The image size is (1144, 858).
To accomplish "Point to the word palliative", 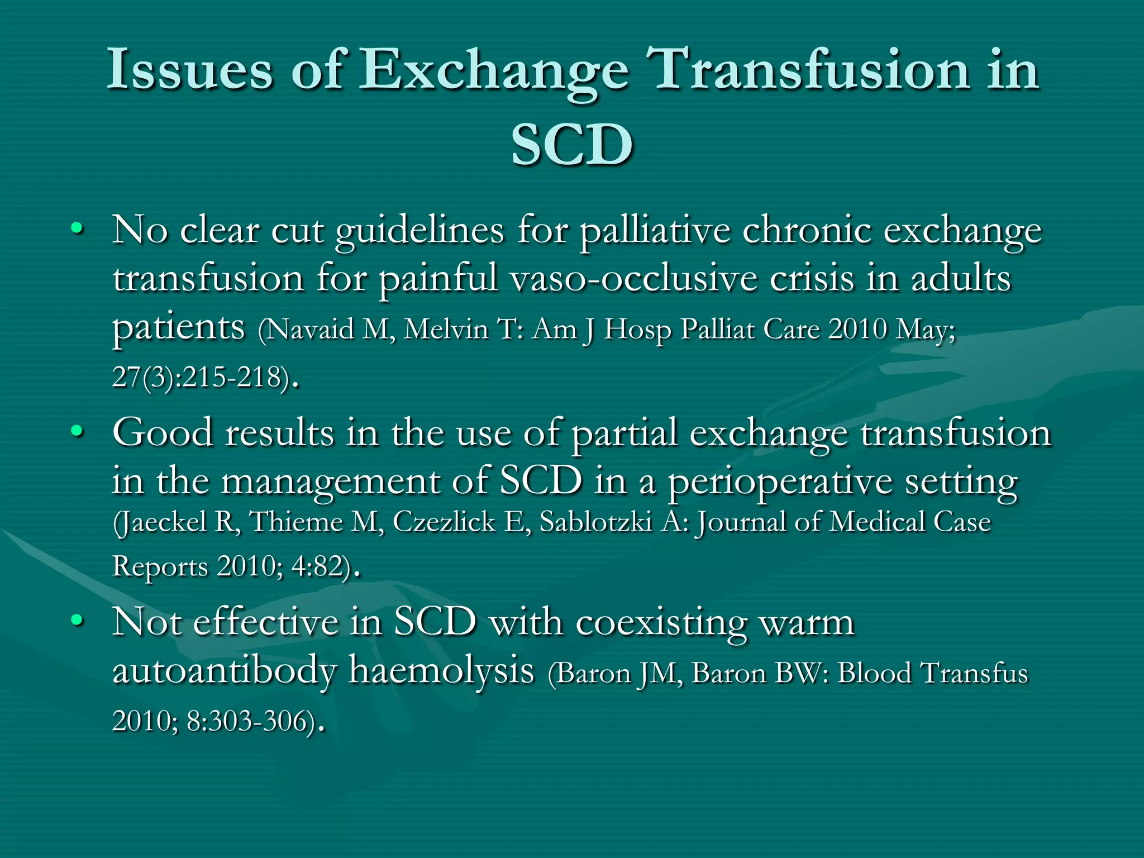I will [655, 231].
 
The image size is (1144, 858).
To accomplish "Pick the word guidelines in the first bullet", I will [420, 231].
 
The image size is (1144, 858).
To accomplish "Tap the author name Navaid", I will [311, 329].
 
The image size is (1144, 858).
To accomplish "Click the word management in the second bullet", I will [330, 482].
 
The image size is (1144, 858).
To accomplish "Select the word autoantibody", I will [225, 670].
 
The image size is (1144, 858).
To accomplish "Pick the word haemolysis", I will [441, 670].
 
